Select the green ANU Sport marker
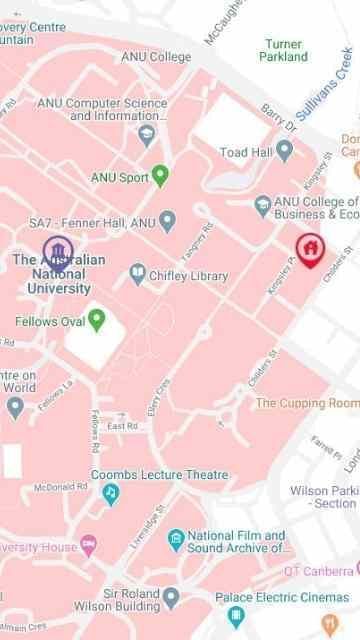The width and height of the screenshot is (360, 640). point(159,177)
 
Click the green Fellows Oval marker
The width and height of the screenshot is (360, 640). point(97,320)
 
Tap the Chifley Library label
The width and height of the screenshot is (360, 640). point(188,275)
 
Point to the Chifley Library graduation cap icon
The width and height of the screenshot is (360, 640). point(137,272)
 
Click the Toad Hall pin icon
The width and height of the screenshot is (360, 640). point(284,150)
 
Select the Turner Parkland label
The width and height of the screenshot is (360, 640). point(284,51)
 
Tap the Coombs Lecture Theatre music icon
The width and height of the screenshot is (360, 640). point(110,493)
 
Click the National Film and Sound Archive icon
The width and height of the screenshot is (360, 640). point(176,539)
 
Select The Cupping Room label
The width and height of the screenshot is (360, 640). point(306,403)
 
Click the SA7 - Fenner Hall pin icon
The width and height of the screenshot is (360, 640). point(167,220)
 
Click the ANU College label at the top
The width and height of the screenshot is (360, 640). point(156,57)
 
